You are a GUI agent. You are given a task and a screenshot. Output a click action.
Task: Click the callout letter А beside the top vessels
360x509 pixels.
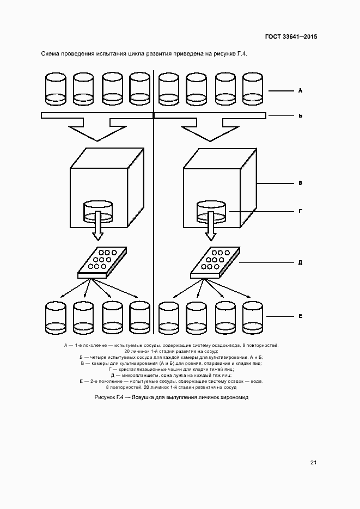coord(300,91)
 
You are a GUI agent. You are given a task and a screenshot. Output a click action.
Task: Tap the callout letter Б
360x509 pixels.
coord(300,116)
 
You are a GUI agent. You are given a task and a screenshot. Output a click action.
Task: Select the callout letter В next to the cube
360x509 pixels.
coord(300,184)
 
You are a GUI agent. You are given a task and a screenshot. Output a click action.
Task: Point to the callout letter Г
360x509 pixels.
coord(300,210)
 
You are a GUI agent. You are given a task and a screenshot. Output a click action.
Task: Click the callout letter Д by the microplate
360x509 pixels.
coord(300,262)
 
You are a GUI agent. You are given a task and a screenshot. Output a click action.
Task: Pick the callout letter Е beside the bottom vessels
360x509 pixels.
coord(300,316)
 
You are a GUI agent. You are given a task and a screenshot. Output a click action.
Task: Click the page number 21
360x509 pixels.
coord(314,463)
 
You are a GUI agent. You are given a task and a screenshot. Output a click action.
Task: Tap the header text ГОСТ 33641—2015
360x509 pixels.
coord(291,37)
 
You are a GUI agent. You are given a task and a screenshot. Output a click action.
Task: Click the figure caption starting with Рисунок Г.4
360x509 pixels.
coord(171,397)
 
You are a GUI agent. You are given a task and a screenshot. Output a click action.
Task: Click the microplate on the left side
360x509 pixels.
coord(101,262)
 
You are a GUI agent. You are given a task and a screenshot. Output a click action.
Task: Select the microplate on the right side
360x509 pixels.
coord(215,262)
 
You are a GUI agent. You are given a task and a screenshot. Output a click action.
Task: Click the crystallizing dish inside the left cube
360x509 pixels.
coord(98,211)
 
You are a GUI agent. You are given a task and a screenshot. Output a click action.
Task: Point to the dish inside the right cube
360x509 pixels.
coord(211,211)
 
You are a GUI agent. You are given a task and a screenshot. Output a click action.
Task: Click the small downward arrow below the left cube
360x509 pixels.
coord(98,230)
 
